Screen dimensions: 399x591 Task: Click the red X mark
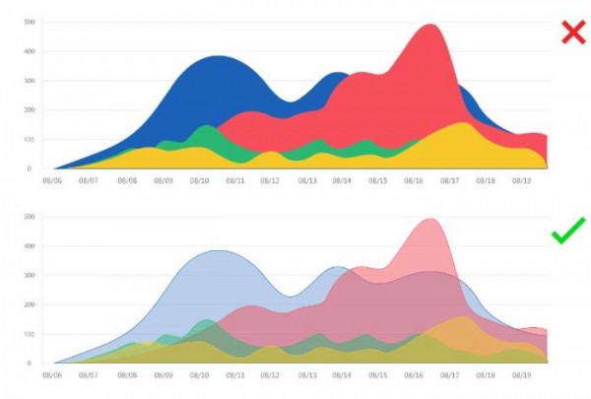(x=572, y=33)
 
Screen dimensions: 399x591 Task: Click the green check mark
(x=569, y=233)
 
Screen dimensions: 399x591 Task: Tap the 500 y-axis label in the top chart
(x=31, y=21)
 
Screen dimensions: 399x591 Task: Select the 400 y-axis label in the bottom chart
(x=31, y=244)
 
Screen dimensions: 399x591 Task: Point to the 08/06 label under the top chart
(x=52, y=181)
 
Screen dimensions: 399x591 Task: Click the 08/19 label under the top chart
(x=522, y=181)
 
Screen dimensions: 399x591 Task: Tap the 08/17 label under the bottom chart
(x=451, y=375)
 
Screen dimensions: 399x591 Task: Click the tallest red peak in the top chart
(x=430, y=26)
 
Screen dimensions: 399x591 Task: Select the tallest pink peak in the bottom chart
(x=430, y=220)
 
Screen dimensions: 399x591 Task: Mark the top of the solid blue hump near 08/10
(x=220, y=56)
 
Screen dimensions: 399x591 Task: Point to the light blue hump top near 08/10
(x=220, y=250)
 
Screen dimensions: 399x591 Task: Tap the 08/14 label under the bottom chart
(x=342, y=375)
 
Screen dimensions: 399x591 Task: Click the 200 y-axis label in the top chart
(x=31, y=109)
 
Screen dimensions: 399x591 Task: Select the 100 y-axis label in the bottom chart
(x=31, y=333)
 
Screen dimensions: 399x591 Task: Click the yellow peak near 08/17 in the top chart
(x=462, y=123)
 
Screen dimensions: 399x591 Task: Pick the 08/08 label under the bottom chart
(x=125, y=375)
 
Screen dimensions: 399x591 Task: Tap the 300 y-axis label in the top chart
(x=31, y=80)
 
